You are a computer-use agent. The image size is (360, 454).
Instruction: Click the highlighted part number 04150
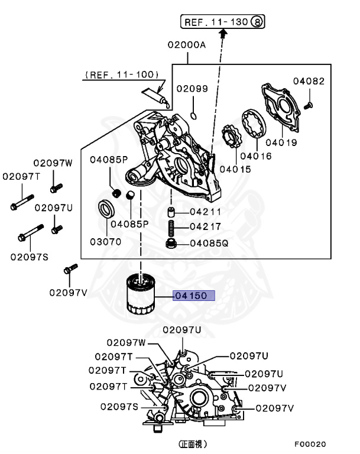coord(193,296)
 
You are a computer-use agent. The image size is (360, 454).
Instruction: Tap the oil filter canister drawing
coord(141,295)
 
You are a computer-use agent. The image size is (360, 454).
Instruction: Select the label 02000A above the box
coord(187,44)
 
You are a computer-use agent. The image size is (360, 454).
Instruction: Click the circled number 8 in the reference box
coord(258,22)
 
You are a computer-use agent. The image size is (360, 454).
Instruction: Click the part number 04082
coord(309,81)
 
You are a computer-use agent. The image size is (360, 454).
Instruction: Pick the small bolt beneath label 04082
coord(308,105)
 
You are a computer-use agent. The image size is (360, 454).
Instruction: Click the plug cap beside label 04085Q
coord(171,243)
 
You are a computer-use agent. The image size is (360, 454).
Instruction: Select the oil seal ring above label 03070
coord(106,209)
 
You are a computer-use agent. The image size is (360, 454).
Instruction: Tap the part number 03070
coord(105,241)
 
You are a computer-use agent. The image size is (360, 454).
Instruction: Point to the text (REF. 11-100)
coord(122,74)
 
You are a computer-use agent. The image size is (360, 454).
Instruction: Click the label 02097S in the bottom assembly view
coord(119,407)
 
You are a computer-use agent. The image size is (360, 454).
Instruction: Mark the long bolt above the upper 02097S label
coord(28,232)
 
